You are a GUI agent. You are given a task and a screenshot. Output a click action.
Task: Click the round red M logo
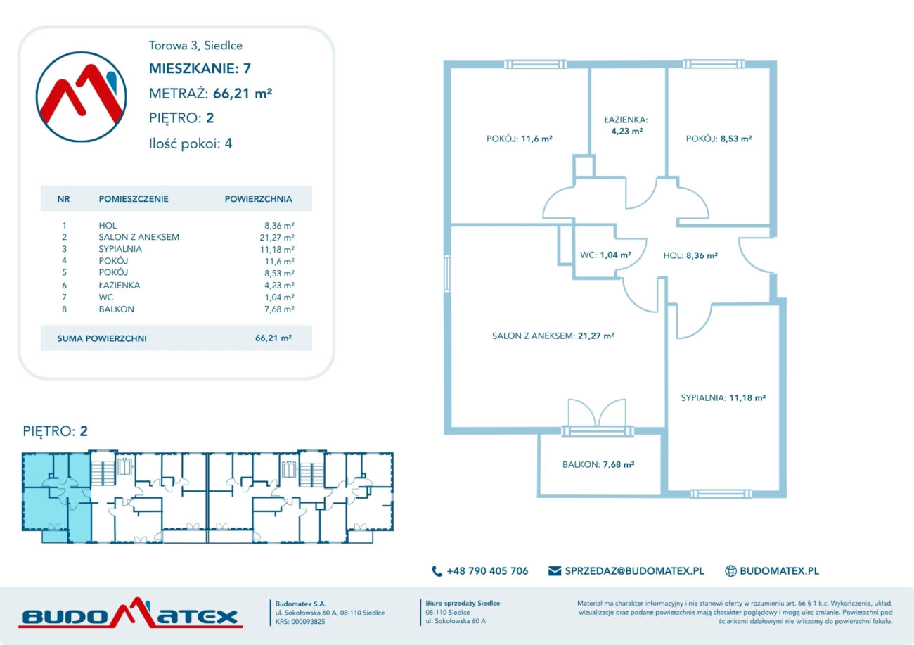coord(81,97)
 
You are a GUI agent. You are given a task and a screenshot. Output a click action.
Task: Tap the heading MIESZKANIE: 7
coord(200,69)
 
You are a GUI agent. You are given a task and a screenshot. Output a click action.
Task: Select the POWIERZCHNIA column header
coord(258,199)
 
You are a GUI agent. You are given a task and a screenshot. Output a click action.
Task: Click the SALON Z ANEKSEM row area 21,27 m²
coord(277,237)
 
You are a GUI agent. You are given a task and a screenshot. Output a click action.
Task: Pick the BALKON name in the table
coord(116,309)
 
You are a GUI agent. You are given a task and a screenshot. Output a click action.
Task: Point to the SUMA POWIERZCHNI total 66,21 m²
coord(273,338)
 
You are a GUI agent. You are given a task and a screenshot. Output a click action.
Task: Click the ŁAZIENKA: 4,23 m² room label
coord(626,125)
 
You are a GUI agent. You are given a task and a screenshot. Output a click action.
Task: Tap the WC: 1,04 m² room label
coord(605,255)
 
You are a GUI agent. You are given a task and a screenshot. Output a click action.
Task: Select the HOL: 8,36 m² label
coord(690,255)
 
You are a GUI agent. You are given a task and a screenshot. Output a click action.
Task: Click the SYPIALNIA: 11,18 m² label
coord(723,397)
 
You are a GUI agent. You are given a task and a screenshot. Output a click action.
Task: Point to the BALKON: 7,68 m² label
coord(598,464)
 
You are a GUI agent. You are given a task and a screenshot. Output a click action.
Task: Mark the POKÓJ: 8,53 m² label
coord(719,139)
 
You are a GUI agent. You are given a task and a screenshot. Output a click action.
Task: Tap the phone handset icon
coord(437,571)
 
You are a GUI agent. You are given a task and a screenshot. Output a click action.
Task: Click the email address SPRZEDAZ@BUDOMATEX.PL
coord(634,571)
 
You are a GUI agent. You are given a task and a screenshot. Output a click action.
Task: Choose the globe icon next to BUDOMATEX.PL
coord(730,571)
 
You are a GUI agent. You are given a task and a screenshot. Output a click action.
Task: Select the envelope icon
coord(555,570)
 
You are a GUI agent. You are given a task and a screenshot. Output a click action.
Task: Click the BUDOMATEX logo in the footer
coord(131,613)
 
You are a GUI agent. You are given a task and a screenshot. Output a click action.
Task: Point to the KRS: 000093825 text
coord(300,622)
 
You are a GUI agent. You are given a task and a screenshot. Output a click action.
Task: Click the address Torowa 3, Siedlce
coord(195,45)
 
